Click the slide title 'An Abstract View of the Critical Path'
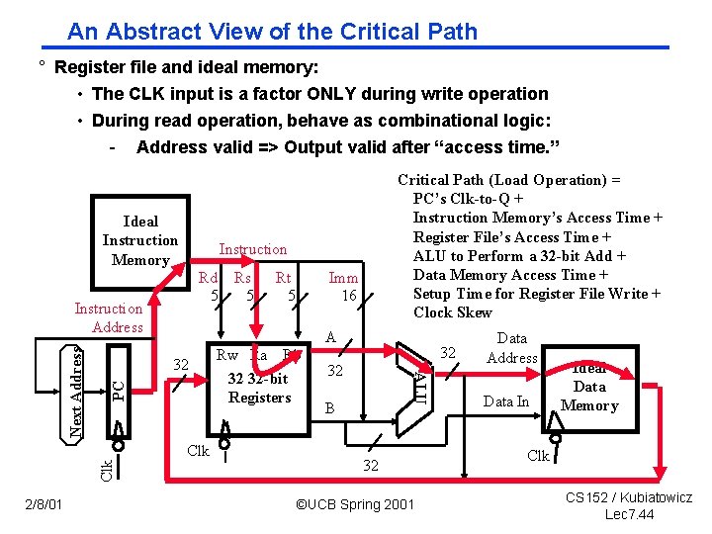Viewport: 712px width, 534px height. point(272,32)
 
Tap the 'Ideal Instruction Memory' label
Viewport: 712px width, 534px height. point(140,240)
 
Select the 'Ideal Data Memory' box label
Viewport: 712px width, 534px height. point(589,387)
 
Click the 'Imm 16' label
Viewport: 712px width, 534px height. point(344,287)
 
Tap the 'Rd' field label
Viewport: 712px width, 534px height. point(209,279)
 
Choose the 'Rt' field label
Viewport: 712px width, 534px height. point(284,279)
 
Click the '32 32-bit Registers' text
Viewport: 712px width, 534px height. point(259,388)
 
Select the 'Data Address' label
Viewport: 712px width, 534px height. point(512,348)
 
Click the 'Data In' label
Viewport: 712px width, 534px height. point(505,400)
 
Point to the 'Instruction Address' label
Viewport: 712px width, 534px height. point(109,317)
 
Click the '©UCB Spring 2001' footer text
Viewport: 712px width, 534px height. point(355,505)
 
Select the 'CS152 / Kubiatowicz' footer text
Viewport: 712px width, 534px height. point(630,497)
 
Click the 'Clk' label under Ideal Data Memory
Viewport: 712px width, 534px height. point(538,457)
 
